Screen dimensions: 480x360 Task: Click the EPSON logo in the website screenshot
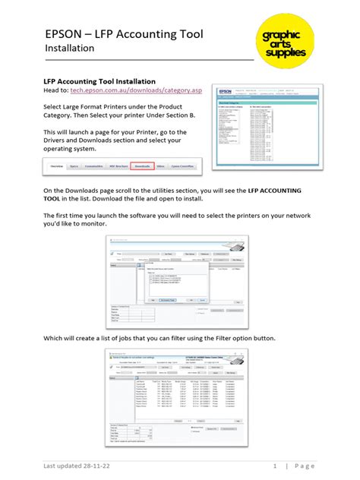pyautogui.click(x=226, y=90)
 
